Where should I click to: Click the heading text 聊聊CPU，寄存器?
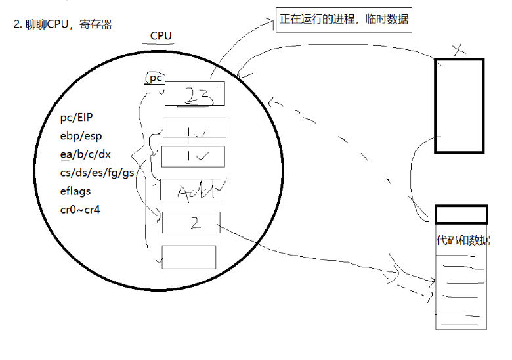pos(68,24)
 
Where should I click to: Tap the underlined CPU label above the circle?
pos(161,35)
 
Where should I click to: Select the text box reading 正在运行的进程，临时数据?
pos(344,20)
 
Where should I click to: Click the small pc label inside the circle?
pos(156,78)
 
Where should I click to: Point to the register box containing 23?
pos(194,93)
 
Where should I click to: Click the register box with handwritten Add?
pos(190,189)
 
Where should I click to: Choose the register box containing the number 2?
pos(191,222)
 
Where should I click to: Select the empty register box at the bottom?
pos(188,257)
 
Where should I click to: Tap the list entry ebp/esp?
pos(81,137)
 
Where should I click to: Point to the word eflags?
pos(75,191)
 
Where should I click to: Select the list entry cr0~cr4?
pos(79,210)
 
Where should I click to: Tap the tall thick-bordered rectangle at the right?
pos(459,106)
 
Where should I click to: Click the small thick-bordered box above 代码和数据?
pos(461,215)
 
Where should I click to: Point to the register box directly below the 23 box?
pos(194,127)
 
